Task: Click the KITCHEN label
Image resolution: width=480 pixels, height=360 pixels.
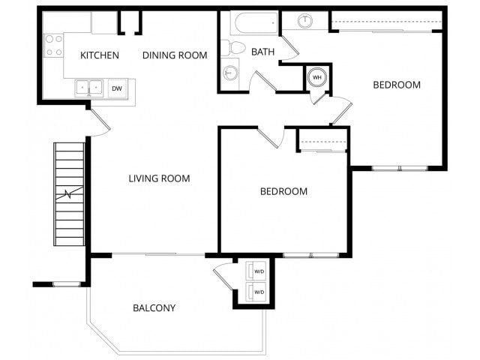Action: pyautogui.click(x=100, y=54)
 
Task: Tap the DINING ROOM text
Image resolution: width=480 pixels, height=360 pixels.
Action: pyautogui.click(x=174, y=54)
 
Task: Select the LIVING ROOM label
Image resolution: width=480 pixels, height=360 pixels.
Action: pyautogui.click(x=159, y=178)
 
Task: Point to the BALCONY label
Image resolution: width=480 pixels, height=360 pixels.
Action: pyautogui.click(x=154, y=307)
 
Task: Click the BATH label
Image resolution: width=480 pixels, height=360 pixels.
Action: pyautogui.click(x=262, y=52)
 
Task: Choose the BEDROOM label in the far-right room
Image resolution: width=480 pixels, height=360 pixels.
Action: pyautogui.click(x=397, y=85)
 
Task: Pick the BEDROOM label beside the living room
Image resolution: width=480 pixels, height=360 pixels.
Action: pyautogui.click(x=283, y=191)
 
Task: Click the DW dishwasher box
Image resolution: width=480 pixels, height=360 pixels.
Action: pyautogui.click(x=117, y=88)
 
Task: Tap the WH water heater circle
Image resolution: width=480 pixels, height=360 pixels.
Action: pyautogui.click(x=316, y=77)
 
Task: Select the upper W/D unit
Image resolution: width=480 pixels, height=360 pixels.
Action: pyautogui.click(x=259, y=271)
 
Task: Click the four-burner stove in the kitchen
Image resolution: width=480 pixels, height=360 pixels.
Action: pyautogui.click(x=53, y=45)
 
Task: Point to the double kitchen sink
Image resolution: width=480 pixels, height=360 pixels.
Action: pyautogui.click(x=89, y=88)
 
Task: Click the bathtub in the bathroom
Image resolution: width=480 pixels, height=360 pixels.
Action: pyautogui.click(x=255, y=23)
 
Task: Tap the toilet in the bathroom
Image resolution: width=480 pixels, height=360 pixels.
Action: pyautogui.click(x=236, y=48)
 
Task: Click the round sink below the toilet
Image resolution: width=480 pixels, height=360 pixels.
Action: pyautogui.click(x=230, y=73)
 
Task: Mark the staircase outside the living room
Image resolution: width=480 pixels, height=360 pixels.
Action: pyautogui.click(x=69, y=195)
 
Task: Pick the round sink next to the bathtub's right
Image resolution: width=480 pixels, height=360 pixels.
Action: pyautogui.click(x=306, y=21)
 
